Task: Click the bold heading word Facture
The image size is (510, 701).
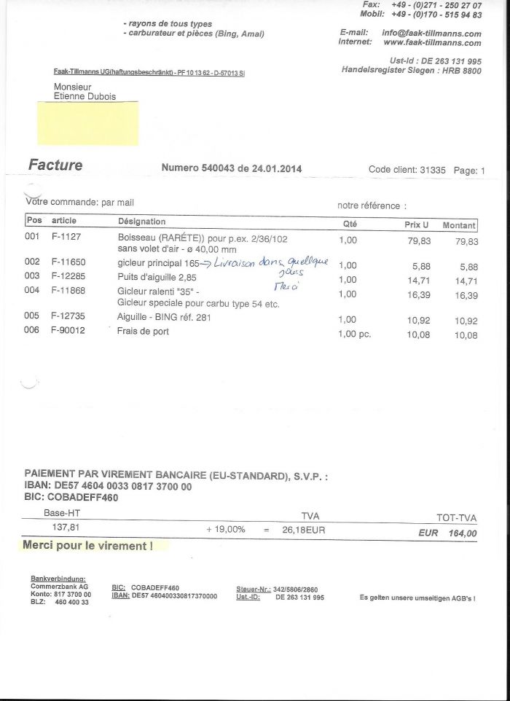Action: tap(55, 165)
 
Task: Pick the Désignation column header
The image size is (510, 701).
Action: tap(141, 222)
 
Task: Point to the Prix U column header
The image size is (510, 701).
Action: tap(416, 224)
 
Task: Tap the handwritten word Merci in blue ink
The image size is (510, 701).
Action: tap(280, 287)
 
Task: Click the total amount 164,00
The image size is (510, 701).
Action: tap(462, 533)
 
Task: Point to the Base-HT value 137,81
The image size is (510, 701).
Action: tap(66, 527)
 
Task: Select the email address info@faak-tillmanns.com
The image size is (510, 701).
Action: tap(431, 33)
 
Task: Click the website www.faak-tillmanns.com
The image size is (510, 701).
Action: tap(432, 43)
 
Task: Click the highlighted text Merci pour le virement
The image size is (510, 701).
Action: tap(88, 545)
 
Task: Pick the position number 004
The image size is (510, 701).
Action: tap(31, 290)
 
